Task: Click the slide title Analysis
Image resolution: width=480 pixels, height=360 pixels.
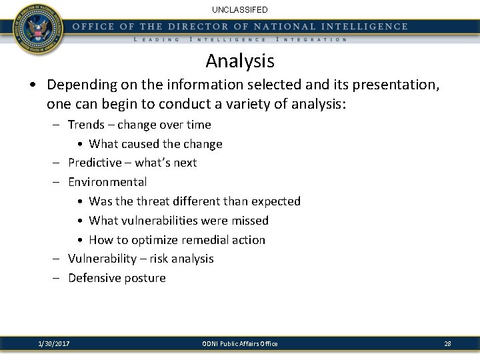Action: point(240,61)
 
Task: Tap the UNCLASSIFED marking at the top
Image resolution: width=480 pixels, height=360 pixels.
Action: point(240,9)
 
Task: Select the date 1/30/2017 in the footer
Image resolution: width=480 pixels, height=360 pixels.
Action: point(54,343)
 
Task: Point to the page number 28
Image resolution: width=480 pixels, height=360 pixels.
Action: point(447,343)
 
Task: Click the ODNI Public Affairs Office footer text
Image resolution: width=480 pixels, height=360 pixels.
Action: point(240,343)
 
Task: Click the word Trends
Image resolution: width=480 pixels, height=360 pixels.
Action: point(87,125)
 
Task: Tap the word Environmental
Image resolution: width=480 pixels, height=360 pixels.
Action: point(107,182)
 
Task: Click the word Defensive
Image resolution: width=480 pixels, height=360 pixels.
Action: point(95,278)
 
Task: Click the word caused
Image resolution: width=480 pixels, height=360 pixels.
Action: point(141,144)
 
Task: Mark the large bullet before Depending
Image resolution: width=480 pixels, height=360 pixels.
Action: point(32,86)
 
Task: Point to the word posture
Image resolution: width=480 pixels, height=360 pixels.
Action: point(145,278)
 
